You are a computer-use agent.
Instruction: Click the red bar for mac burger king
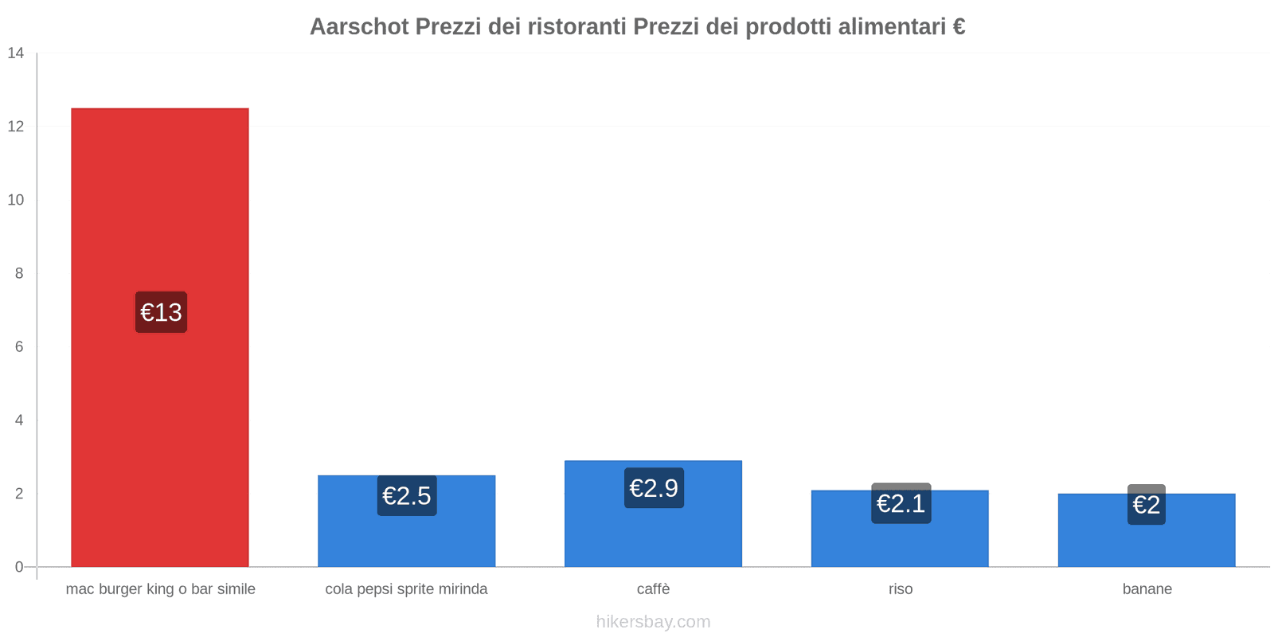(x=159, y=199)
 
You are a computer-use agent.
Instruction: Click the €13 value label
(x=161, y=312)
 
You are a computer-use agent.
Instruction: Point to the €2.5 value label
(x=407, y=495)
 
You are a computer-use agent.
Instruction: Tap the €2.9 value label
(x=654, y=487)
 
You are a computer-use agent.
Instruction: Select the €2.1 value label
(x=901, y=503)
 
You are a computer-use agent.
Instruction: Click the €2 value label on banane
(x=1146, y=505)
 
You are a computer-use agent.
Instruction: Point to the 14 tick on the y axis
(x=16, y=53)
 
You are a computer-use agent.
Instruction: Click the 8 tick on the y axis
(x=19, y=273)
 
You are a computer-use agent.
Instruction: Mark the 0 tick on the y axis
(x=19, y=567)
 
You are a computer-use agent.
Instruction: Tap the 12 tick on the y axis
(x=16, y=127)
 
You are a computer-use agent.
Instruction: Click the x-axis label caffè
(x=653, y=589)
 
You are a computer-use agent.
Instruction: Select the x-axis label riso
(x=901, y=589)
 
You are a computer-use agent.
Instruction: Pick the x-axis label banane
(x=1147, y=589)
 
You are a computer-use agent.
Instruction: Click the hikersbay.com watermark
(x=653, y=622)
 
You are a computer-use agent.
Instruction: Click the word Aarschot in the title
(x=359, y=27)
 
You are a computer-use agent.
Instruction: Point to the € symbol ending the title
(x=959, y=27)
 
